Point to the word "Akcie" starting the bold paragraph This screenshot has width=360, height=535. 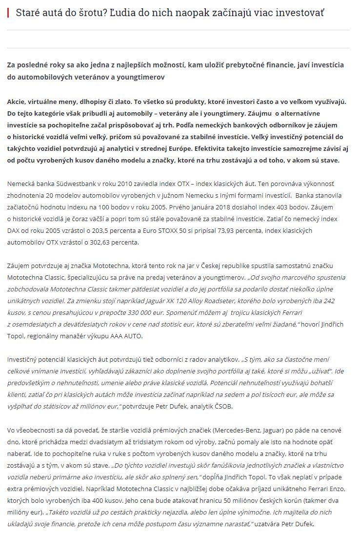pyautogui.click(x=17, y=102)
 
